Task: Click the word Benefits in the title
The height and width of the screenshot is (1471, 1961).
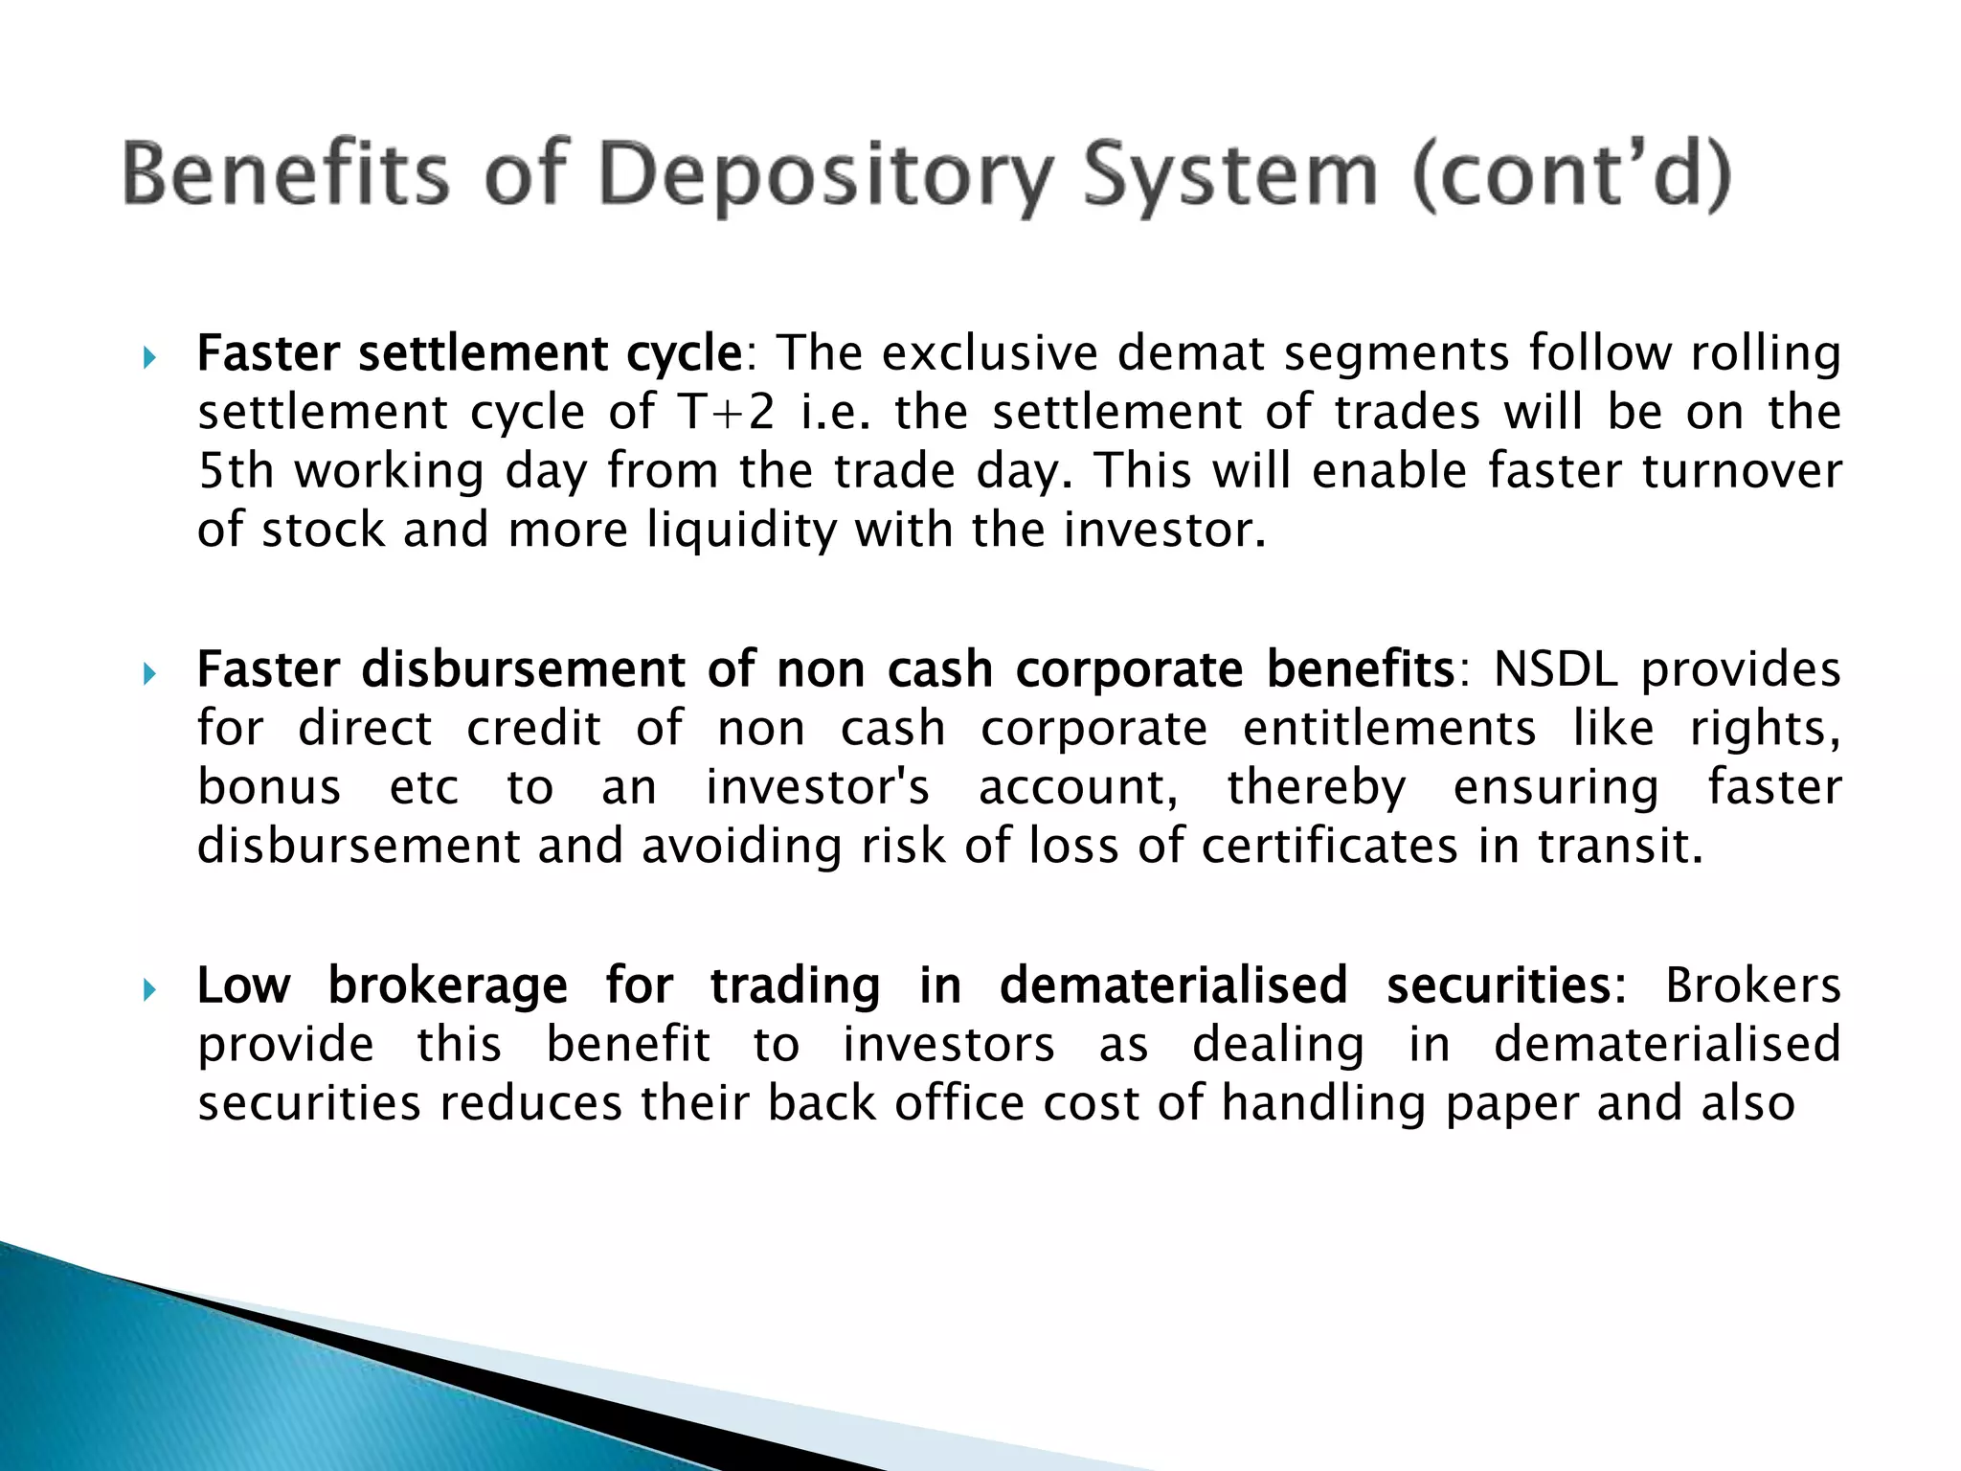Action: click(x=285, y=174)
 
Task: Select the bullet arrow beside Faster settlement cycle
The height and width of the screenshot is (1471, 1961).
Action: click(x=148, y=359)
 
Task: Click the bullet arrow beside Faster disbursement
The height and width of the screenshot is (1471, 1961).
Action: click(x=148, y=675)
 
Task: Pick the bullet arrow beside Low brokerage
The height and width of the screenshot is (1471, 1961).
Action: click(x=148, y=990)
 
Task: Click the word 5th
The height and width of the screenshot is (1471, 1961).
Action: click(x=236, y=471)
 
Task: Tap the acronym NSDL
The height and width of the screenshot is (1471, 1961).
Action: click(x=1555, y=669)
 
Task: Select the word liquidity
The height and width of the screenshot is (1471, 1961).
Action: click(x=741, y=531)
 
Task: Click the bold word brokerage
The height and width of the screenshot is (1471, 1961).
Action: click(x=447, y=986)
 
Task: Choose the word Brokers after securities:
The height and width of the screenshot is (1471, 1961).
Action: click(x=1752, y=986)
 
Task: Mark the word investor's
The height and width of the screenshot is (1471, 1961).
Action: click(x=818, y=788)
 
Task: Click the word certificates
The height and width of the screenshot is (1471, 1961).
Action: click(x=1329, y=847)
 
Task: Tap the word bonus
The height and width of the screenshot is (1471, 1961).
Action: click(x=269, y=788)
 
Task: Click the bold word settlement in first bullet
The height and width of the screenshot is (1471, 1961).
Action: click(x=484, y=353)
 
